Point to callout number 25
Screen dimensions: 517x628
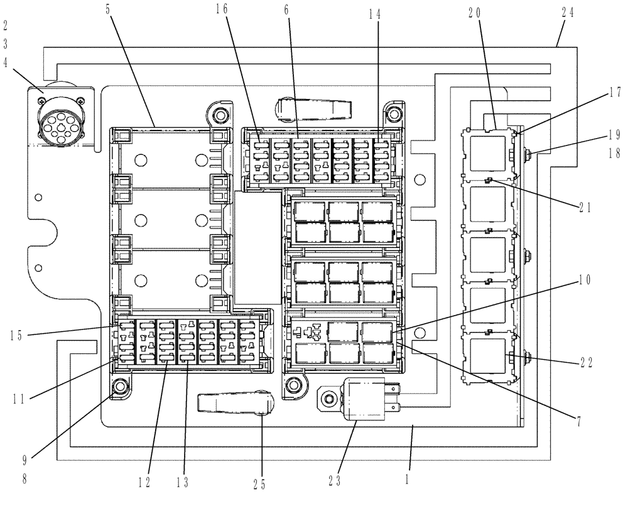[x=259, y=483]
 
